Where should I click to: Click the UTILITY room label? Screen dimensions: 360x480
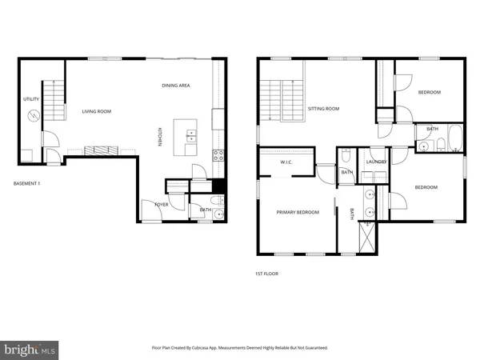point(31,98)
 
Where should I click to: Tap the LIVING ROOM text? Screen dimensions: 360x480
point(96,112)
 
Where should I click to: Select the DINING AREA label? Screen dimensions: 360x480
point(176,86)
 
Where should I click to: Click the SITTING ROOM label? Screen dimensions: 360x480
point(323,108)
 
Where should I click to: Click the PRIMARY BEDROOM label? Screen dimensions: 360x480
point(298,212)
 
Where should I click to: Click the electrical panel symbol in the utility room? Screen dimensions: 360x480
point(33,116)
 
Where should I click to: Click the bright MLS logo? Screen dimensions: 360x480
point(30,350)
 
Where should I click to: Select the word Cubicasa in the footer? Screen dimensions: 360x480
point(223,348)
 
